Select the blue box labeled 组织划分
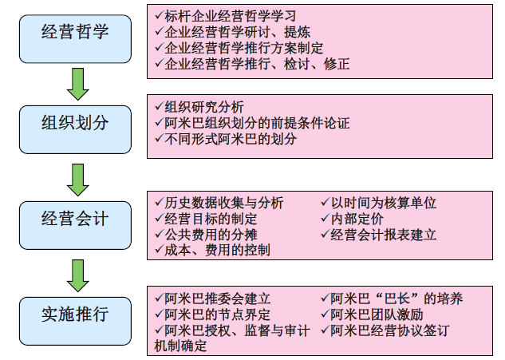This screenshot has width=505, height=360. point(75,124)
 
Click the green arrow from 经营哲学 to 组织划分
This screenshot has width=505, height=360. point(77,83)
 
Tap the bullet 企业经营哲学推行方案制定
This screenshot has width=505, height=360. point(244,48)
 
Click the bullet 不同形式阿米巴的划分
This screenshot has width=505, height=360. point(231,139)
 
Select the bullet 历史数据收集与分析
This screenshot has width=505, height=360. point(224,203)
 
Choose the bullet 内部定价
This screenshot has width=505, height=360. point(359,219)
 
